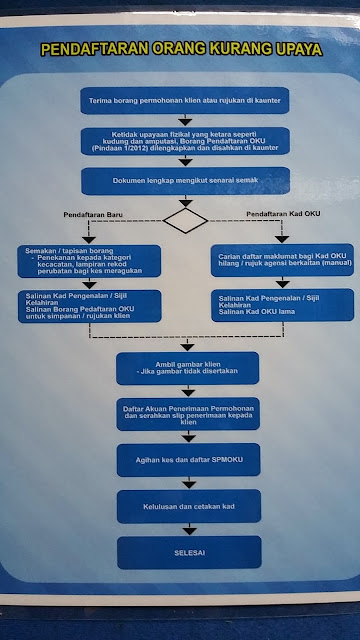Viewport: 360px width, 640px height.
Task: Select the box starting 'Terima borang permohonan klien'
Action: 185,101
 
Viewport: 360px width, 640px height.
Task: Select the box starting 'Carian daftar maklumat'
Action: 279,262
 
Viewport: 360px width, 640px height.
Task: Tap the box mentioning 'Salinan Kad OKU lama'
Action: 279,305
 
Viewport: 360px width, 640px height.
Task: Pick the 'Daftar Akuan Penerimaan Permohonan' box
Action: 187,414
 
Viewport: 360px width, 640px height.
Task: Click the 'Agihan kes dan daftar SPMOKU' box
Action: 187,459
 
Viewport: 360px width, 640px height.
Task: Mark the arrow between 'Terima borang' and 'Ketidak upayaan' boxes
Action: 186,120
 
